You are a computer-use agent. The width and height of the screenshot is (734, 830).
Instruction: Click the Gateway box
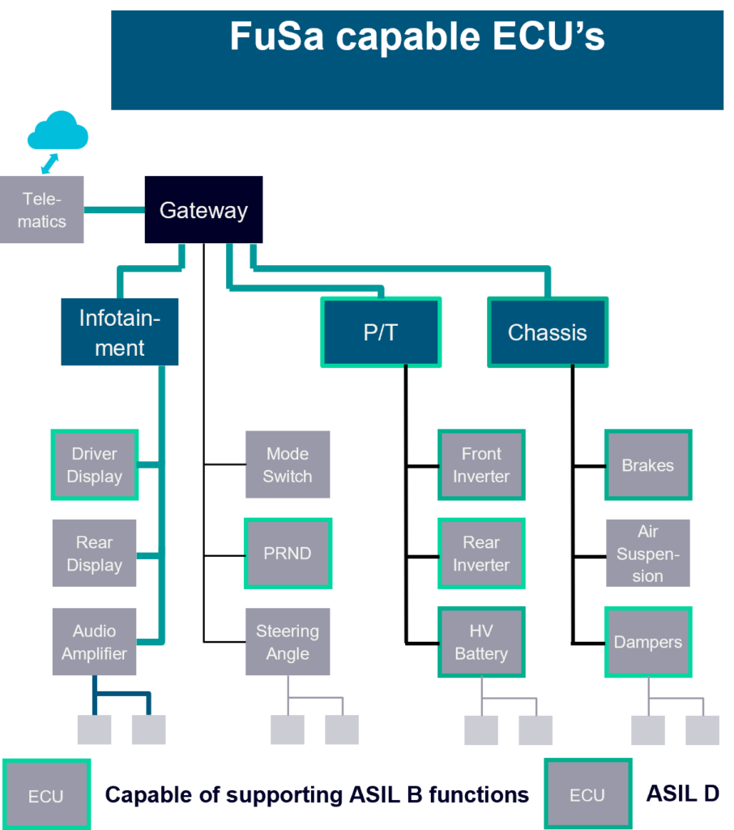[203, 210]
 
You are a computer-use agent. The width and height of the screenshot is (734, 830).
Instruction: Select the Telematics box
[42, 210]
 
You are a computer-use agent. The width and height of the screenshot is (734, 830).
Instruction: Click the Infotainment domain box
[119, 332]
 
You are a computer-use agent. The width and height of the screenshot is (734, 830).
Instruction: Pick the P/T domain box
[381, 332]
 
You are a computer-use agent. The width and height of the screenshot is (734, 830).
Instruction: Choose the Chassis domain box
[548, 332]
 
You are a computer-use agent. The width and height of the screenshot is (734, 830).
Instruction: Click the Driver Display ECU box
[94, 465]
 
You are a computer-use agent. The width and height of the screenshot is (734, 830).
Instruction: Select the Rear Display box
[94, 554]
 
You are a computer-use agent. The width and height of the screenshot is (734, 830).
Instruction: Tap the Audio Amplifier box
[94, 642]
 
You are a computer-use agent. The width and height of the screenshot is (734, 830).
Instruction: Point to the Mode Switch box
[288, 465]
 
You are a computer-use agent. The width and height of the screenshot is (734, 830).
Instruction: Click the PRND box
[288, 554]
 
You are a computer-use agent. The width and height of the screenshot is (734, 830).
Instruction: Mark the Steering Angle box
[288, 642]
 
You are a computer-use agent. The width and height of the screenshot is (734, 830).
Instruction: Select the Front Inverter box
[481, 465]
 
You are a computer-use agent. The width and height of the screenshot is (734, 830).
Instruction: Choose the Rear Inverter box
[481, 554]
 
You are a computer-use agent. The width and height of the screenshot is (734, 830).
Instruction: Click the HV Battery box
[481, 642]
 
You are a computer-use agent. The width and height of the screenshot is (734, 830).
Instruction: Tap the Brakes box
[648, 465]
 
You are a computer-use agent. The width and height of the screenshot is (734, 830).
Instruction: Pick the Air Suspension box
[648, 554]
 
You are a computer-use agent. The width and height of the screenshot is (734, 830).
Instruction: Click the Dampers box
[648, 642]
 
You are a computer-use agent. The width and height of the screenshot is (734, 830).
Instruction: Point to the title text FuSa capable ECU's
[416, 37]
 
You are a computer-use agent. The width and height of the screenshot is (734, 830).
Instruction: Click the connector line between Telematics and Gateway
[113, 210]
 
